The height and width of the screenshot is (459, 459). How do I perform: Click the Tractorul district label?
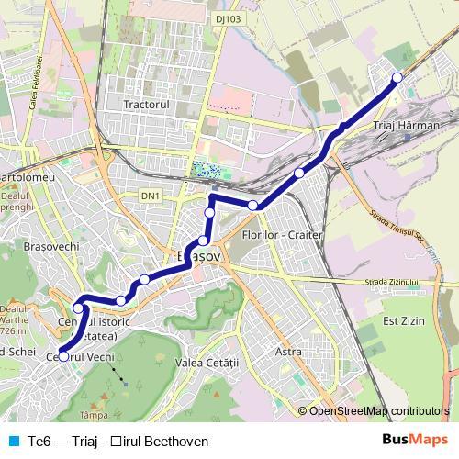coord(148,105)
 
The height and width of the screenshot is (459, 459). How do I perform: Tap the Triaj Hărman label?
coord(407,124)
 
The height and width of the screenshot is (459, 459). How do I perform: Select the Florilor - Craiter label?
coord(281,235)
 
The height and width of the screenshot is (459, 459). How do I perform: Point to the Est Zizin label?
coord(401,320)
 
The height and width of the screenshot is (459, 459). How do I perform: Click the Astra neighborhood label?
coord(288,351)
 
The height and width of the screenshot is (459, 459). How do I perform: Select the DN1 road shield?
coord(151,196)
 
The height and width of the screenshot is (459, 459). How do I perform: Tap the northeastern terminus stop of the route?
coord(397,77)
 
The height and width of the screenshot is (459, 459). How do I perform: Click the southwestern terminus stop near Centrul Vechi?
coord(63,356)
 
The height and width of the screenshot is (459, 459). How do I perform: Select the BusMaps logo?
coord(420,441)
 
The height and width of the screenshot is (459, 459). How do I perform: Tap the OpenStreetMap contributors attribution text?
coord(378,411)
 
